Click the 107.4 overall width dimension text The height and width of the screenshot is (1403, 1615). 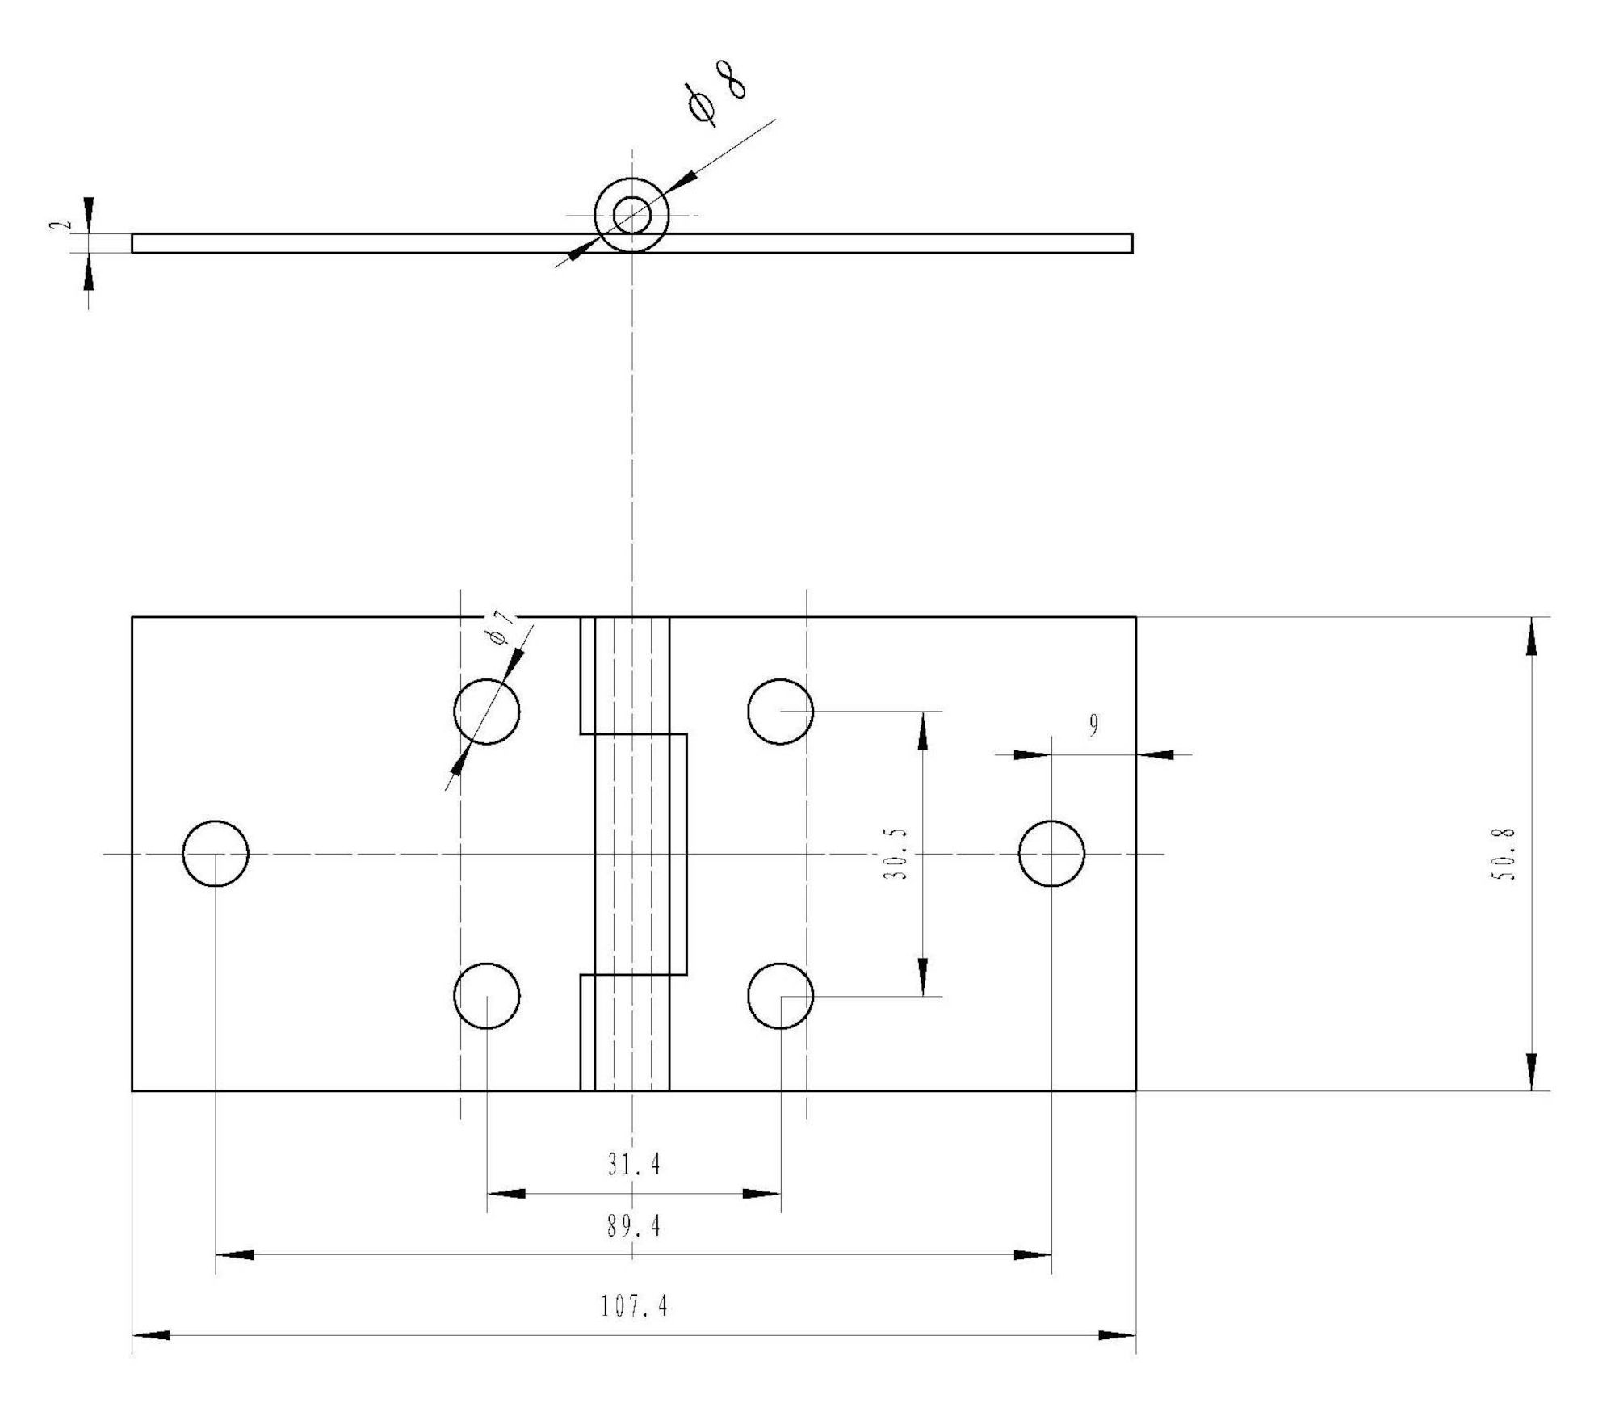click(x=635, y=1306)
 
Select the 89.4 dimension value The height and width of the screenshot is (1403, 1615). click(x=635, y=1227)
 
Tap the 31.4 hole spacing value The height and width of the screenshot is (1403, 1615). click(x=635, y=1164)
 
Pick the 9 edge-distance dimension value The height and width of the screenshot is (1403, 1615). click(x=1093, y=726)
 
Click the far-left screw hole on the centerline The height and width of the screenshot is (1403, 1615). click(x=216, y=854)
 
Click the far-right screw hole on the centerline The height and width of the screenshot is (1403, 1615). click(x=1051, y=854)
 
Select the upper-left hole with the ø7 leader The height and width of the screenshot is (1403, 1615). click(x=487, y=712)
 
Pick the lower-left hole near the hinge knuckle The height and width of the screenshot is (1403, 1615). click(x=487, y=996)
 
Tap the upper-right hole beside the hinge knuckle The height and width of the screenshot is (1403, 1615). click(x=781, y=712)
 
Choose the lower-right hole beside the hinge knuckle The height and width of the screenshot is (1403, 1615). click(x=781, y=996)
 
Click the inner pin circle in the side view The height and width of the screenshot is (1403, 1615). click(x=632, y=215)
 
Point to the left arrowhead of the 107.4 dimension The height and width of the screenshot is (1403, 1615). click(x=151, y=1335)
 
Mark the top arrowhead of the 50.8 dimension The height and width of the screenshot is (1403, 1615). click(x=1531, y=636)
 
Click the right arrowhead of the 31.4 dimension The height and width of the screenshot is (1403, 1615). click(x=761, y=1193)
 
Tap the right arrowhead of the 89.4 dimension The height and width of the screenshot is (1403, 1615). click(x=1033, y=1254)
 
